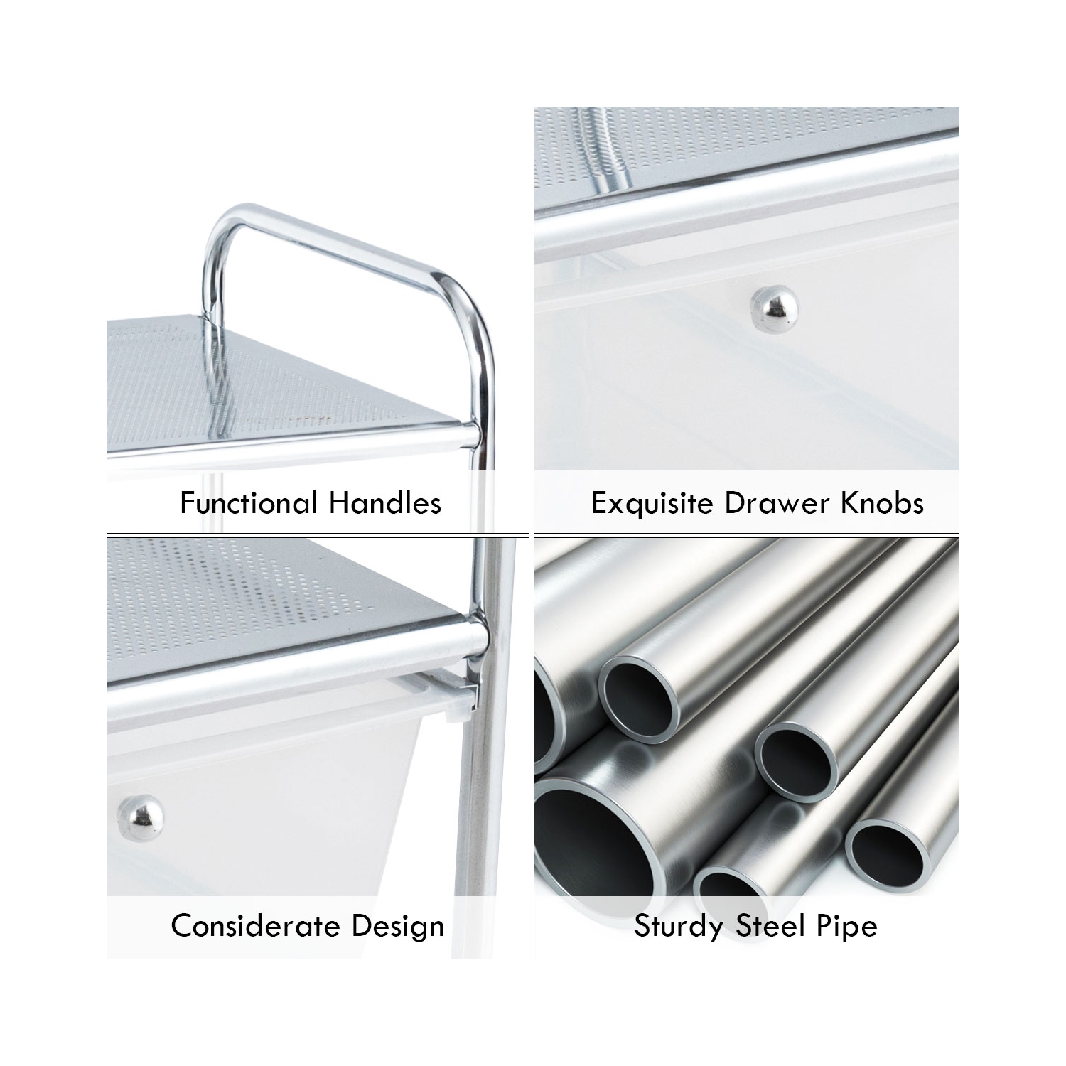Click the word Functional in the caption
249,503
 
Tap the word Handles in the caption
385,503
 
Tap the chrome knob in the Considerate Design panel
140,814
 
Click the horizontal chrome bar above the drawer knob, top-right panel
746,203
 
